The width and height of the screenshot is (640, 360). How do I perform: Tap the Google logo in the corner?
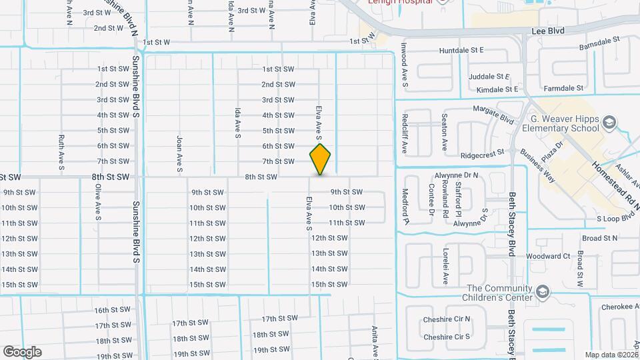pyautogui.click(x=22, y=351)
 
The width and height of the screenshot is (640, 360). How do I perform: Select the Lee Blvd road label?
pyautogui.click(x=547, y=31)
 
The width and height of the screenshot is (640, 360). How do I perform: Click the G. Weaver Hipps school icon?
pyautogui.click(x=608, y=121)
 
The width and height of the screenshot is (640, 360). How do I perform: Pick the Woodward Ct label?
pyautogui.click(x=547, y=256)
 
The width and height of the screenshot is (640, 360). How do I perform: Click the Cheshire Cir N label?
pyautogui.click(x=446, y=320)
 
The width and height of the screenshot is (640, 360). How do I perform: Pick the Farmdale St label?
pyautogui.click(x=563, y=88)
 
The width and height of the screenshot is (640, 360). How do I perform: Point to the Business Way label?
pyautogui.click(x=537, y=165)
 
